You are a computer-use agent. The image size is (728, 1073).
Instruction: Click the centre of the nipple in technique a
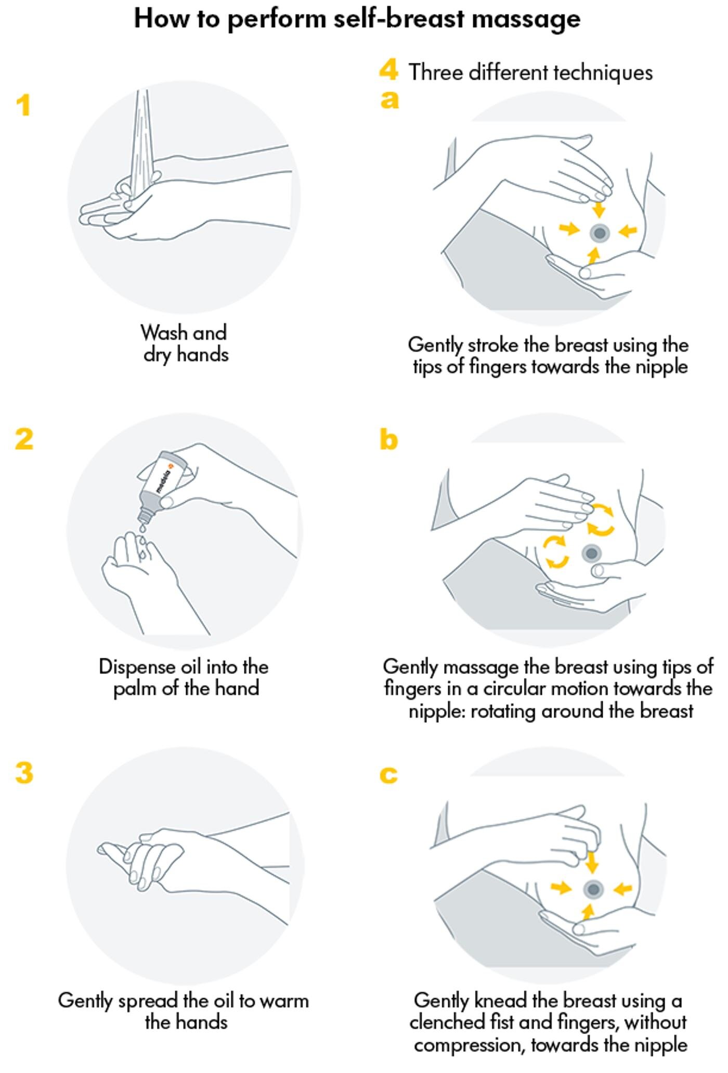tap(600, 233)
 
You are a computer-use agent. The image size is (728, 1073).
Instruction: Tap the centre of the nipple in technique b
tap(591, 553)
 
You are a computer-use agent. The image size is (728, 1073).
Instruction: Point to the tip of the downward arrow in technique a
tap(600, 218)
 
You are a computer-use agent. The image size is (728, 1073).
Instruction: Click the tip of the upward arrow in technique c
tap(588, 904)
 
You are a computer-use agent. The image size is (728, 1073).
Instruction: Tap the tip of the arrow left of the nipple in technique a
tap(580, 229)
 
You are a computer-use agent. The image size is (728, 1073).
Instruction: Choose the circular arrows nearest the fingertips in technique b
tap(601, 519)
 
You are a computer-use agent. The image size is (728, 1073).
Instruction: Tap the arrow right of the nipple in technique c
tap(622, 889)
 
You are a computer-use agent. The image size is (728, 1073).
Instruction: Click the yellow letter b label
tap(388, 440)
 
